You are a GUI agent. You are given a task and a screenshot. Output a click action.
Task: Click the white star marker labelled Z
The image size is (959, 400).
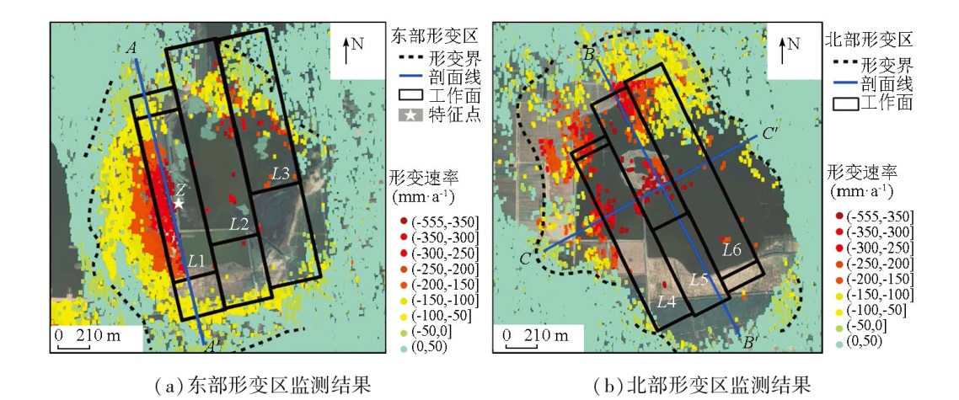pos(178,204)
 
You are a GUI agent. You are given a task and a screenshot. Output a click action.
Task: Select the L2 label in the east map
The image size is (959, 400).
pos(239,224)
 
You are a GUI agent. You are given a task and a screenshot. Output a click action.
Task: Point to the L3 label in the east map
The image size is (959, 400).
pos(281,174)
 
